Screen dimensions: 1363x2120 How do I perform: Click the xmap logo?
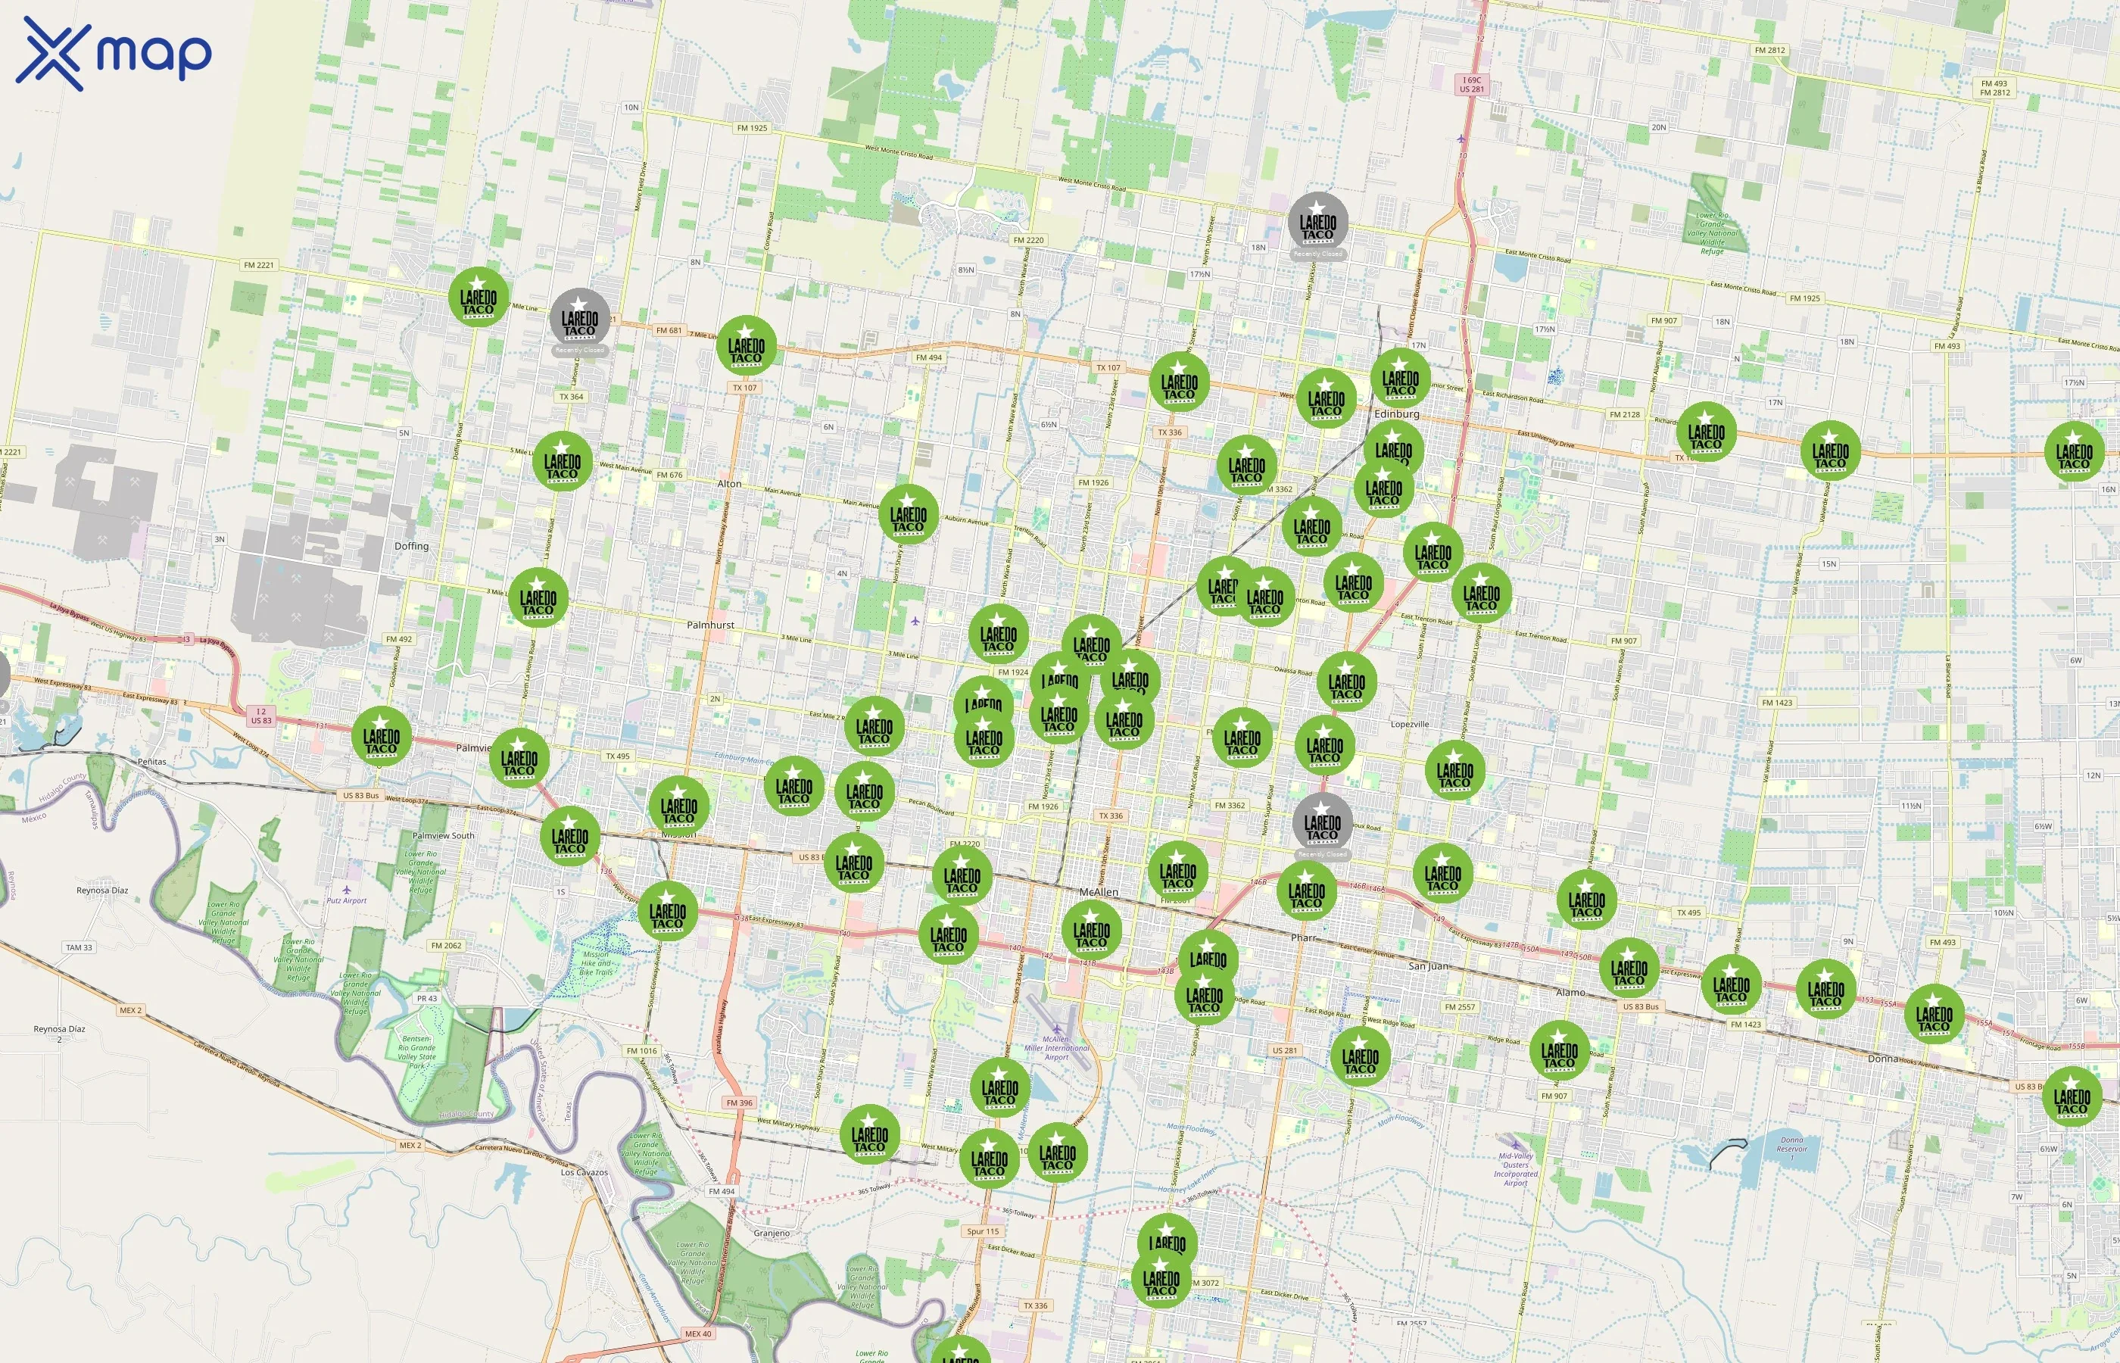click(x=114, y=53)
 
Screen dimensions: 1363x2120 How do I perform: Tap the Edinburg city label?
click(x=1396, y=413)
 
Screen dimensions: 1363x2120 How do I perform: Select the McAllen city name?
click(x=1099, y=892)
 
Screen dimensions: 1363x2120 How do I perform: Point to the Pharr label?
click(x=1303, y=937)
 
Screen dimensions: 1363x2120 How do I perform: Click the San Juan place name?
click(x=1428, y=965)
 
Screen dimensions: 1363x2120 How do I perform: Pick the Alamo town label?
click(x=1570, y=992)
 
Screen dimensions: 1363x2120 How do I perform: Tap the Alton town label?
click(x=729, y=483)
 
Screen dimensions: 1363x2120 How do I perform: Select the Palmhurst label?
click(x=710, y=625)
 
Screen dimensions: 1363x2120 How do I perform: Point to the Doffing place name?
click(x=411, y=546)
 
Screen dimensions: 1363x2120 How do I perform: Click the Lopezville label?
click(x=1410, y=724)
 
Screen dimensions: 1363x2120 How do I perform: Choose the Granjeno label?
click(x=772, y=1233)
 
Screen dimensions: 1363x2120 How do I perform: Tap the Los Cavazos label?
click(x=584, y=1172)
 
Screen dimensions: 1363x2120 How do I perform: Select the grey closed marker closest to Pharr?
click(x=1322, y=823)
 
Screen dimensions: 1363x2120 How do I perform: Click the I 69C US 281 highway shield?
click(x=1471, y=84)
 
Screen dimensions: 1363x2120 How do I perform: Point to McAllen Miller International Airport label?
click(x=1056, y=1048)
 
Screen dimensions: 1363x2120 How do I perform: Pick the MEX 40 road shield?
click(x=697, y=1333)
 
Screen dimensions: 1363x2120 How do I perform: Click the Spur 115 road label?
click(x=982, y=1231)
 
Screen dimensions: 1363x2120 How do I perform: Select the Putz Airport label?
click(x=346, y=900)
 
